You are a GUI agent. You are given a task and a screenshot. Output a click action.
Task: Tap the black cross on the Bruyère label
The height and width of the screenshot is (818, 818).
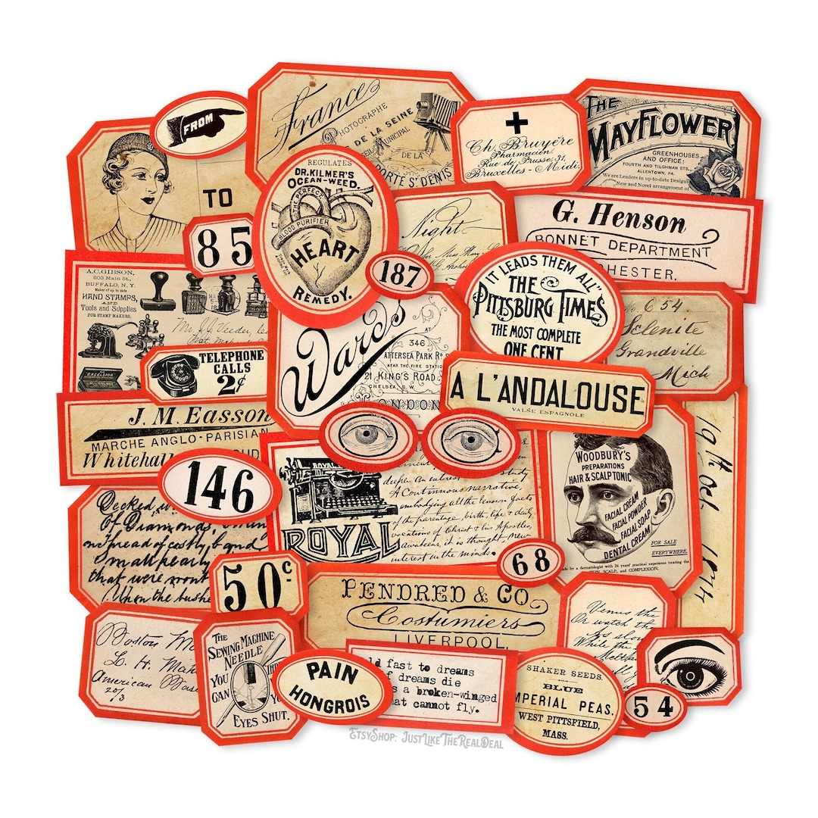pos(518,121)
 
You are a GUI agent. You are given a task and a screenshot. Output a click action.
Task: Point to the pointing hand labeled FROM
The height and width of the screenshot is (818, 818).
pos(201,124)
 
